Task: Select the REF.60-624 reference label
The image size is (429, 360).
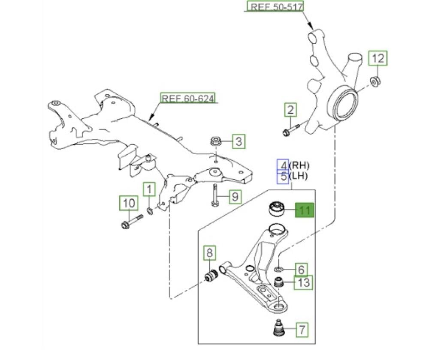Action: (x=188, y=98)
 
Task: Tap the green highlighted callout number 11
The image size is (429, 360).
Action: (x=305, y=210)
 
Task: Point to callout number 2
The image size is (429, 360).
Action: (x=290, y=111)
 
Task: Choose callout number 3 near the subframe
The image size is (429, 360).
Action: (x=239, y=141)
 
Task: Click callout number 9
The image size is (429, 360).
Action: (x=234, y=197)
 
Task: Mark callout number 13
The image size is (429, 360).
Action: (x=303, y=283)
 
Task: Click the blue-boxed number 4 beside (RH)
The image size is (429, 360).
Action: (x=283, y=165)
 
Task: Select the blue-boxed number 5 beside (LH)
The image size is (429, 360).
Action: (x=283, y=176)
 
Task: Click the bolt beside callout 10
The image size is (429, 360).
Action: (x=130, y=223)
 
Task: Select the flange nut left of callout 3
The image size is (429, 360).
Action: (x=215, y=141)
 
